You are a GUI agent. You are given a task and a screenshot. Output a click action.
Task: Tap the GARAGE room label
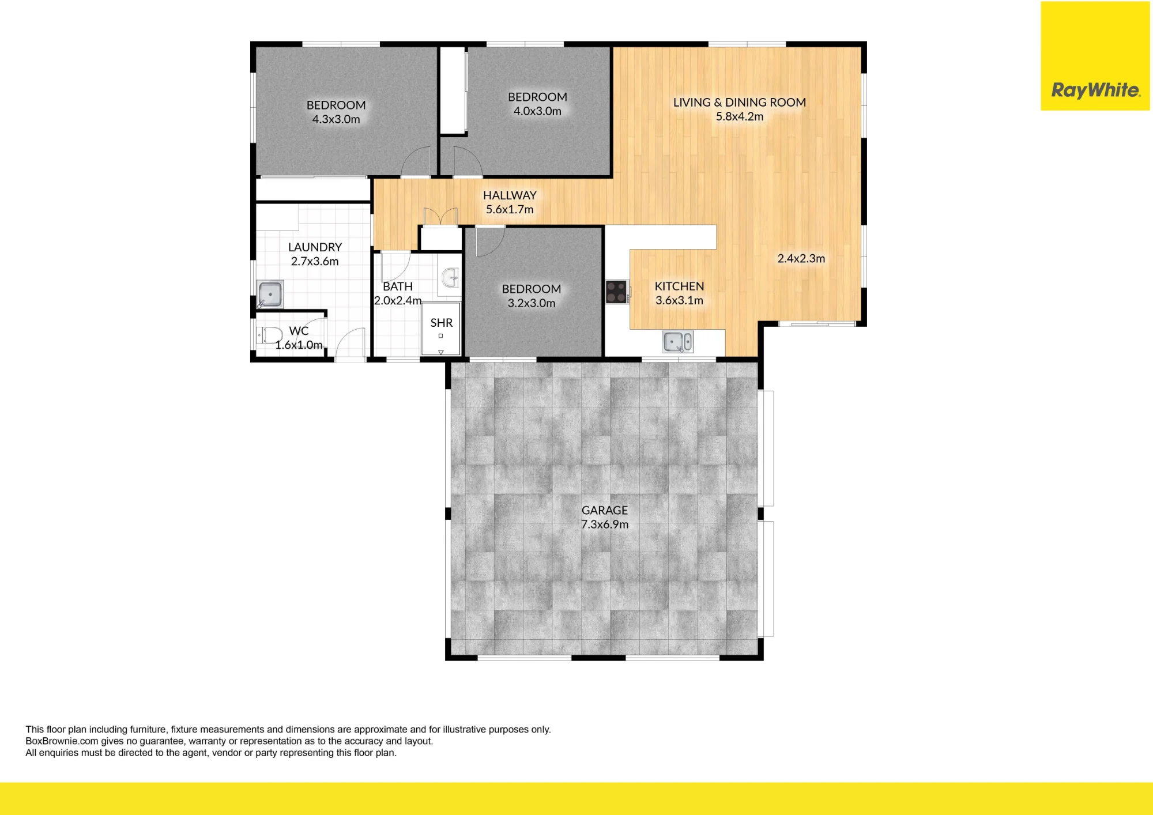click(604, 510)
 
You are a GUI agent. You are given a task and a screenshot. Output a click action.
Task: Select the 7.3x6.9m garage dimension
click(605, 525)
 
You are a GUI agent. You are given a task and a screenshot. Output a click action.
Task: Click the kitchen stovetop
click(617, 292)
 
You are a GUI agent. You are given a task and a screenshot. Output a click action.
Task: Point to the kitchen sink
click(678, 342)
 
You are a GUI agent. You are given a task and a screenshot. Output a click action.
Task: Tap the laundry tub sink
click(270, 294)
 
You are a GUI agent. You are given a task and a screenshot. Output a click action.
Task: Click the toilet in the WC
click(269, 335)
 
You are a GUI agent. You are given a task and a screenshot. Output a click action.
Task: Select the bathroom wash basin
click(450, 278)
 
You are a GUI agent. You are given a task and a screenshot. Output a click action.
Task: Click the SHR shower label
click(442, 323)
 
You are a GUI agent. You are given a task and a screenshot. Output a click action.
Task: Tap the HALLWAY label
click(510, 195)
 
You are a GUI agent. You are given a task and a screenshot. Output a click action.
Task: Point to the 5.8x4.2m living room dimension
click(740, 116)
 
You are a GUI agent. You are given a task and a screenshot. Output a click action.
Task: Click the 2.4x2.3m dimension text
click(801, 259)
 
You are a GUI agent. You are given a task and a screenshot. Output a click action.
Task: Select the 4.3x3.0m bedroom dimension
click(336, 119)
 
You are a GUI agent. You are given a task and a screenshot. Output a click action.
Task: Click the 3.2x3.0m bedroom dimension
click(532, 303)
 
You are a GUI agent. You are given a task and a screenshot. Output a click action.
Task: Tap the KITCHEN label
click(679, 286)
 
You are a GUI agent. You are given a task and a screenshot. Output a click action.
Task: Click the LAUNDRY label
click(315, 247)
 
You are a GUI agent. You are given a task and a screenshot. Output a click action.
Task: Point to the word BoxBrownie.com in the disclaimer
click(62, 741)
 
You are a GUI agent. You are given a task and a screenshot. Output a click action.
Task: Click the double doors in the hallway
click(440, 217)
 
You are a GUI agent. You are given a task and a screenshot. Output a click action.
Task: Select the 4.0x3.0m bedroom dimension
click(537, 111)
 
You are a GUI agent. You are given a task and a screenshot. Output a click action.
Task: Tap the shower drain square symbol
click(440, 336)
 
